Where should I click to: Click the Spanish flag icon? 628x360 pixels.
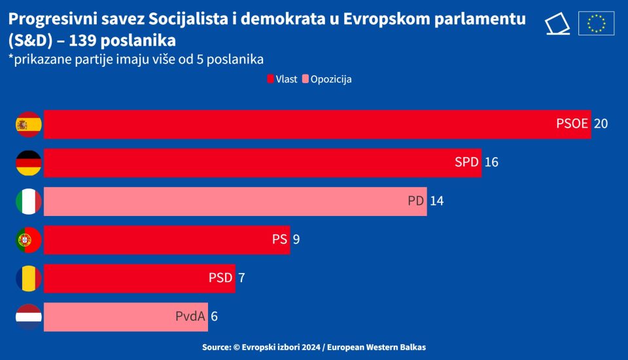point(29,124)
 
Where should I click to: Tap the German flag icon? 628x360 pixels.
point(29,163)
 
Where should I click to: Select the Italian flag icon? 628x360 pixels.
point(29,202)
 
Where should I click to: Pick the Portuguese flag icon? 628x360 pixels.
point(29,240)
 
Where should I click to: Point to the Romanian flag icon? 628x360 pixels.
point(29,278)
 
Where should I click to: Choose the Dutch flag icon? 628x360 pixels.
point(29,317)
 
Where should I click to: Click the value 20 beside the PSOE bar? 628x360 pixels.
point(601,124)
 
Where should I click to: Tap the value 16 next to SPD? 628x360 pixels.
point(491,162)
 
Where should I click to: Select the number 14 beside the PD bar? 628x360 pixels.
point(436,201)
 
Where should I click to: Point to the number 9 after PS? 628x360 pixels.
point(296,240)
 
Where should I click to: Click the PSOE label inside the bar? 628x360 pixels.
point(572,124)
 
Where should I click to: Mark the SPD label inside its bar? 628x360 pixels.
point(467,162)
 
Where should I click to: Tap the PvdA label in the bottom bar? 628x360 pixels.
point(191,316)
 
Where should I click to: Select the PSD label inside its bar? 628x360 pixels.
point(220,278)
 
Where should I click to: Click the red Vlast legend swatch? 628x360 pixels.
point(270,79)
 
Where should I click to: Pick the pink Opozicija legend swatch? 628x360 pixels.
point(305,79)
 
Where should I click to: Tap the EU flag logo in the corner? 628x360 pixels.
point(596,24)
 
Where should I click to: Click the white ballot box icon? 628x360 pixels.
point(557,24)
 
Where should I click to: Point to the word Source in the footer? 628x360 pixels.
point(216,347)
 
